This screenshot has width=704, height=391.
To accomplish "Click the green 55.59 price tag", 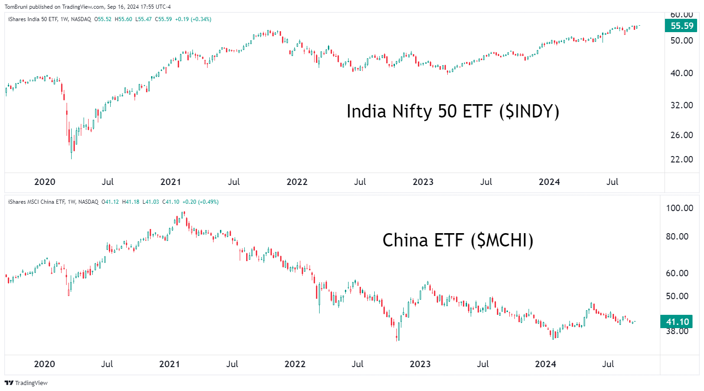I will click(681, 26).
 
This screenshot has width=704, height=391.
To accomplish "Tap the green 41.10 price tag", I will click(677, 322).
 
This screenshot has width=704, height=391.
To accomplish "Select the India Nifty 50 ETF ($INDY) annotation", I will click(453, 112).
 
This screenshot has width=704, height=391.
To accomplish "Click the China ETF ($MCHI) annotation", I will click(458, 240).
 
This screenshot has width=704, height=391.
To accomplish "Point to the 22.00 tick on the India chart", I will click(681, 159).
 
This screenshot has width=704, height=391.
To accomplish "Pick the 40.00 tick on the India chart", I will click(681, 73).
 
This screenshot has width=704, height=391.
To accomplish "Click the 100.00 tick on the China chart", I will click(680, 208).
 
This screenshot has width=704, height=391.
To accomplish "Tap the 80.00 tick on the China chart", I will click(680, 236).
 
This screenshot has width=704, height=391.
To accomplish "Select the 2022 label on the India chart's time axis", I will click(297, 182).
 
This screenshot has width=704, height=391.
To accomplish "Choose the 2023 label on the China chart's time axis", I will click(420, 364).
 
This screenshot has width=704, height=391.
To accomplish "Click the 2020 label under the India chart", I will click(45, 182).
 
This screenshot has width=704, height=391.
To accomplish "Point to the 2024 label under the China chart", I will click(545, 364).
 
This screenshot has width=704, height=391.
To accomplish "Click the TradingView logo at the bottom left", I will click(26, 383).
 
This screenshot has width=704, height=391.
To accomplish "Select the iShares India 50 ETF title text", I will click(33, 19).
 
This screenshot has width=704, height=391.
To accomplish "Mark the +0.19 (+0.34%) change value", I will click(193, 19).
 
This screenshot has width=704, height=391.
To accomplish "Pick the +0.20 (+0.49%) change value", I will click(200, 202).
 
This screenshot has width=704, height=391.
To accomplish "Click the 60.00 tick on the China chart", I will click(680, 273).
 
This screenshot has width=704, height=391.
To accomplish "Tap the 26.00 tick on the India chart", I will click(681, 135).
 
